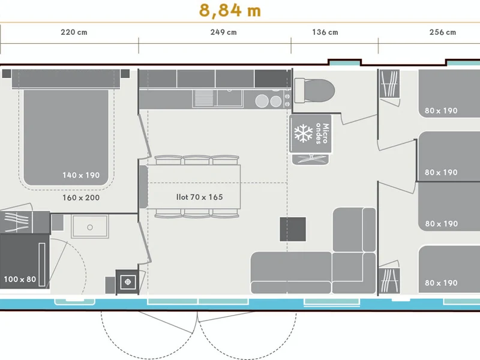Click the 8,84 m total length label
[230, 10]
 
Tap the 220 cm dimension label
[74, 32]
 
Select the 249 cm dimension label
[223, 32]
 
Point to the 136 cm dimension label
[325, 32]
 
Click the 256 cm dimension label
[443, 32]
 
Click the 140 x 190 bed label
[81, 175]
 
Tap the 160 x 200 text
[81, 198]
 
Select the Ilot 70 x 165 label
[200, 197]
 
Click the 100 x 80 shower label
[20, 279]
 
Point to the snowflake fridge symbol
[304, 133]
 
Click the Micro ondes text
[322, 133]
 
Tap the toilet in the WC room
[314, 91]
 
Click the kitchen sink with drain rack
[218, 98]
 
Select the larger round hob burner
[262, 101]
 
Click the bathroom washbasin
[89, 227]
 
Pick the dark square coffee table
[293, 229]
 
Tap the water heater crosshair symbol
[128, 281]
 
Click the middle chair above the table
[197, 160]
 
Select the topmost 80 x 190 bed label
[441, 110]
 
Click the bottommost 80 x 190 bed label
[441, 283]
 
